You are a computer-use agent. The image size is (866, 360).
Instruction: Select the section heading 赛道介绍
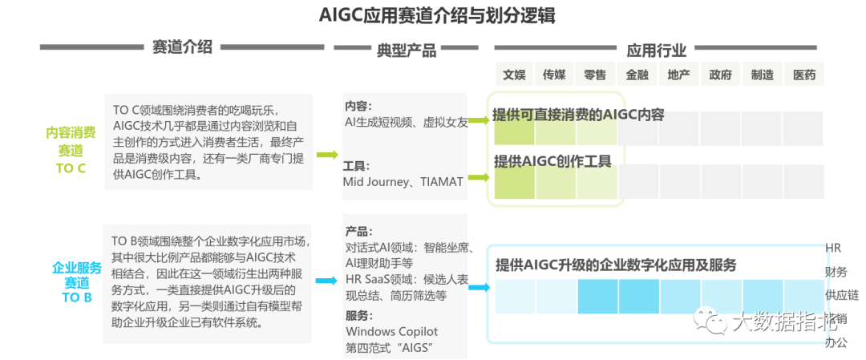(182, 47)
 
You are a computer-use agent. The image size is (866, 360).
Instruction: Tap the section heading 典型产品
(407, 51)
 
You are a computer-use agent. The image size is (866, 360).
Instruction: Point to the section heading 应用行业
(657, 51)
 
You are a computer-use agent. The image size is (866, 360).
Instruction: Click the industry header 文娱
(514, 75)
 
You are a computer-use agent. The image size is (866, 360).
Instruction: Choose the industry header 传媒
(554, 75)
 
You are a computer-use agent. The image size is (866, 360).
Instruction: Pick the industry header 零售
(595, 75)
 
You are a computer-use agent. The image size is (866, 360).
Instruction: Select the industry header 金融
(637, 75)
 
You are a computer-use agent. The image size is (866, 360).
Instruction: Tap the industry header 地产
(678, 75)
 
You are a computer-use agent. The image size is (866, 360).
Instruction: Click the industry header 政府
(720, 75)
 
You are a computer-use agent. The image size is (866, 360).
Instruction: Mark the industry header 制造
(762, 75)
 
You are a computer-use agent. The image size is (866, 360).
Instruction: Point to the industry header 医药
(803, 75)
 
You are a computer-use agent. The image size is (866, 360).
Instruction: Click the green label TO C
(71, 168)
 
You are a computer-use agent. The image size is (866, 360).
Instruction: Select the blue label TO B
(77, 297)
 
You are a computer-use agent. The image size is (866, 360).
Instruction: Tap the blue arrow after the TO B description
(326, 280)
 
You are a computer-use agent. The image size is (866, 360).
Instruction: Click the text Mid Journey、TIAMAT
(403, 182)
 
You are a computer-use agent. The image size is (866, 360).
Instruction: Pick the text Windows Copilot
(391, 331)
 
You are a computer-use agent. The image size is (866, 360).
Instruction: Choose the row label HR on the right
(833, 249)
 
